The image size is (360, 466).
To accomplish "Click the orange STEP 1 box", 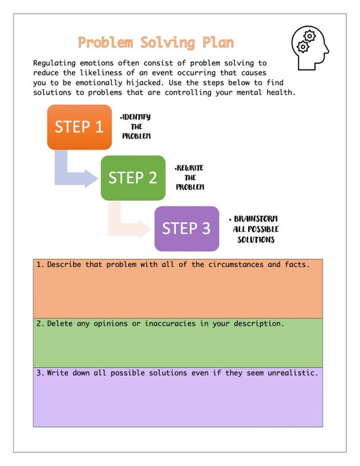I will [79, 126].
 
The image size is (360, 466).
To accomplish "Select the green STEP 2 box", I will [133, 177].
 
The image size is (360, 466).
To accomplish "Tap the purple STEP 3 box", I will [186, 228].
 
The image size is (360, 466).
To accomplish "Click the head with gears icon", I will [309, 47].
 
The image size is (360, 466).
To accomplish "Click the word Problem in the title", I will [105, 43].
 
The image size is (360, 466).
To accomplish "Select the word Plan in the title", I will [218, 43].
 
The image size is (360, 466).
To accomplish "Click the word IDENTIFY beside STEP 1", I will [136, 117].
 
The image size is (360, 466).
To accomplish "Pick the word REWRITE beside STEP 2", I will [190, 168].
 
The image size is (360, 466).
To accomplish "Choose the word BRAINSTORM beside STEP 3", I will [256, 218].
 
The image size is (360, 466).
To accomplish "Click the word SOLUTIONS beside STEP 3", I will [256, 240].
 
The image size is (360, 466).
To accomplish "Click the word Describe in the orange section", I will [66, 265].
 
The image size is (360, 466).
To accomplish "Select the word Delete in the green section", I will [61, 323].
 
